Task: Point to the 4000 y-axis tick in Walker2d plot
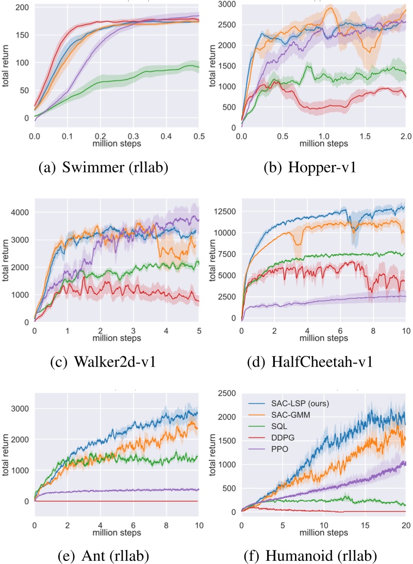pyautogui.click(x=20, y=212)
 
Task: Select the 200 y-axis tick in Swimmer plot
pyautogui.click(x=22, y=8)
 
